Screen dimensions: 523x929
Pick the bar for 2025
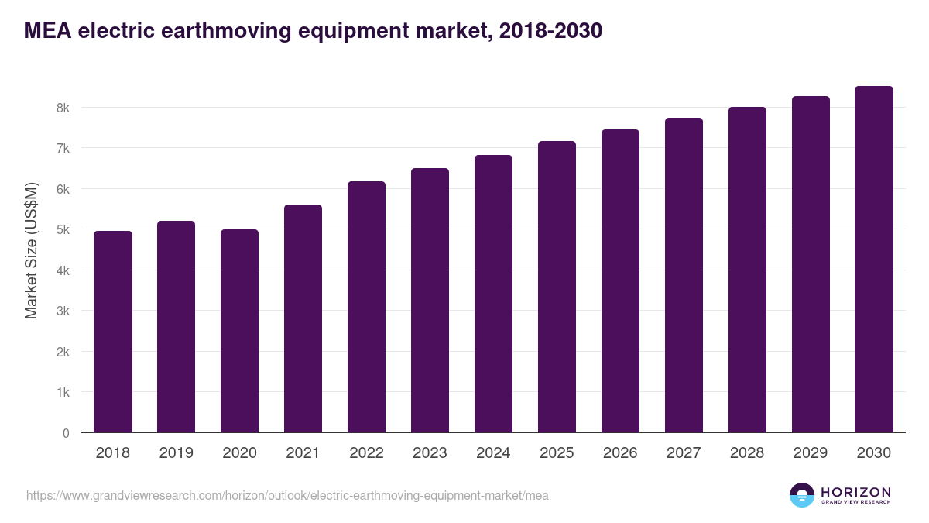[557, 287]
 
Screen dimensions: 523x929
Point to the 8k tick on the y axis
[63, 108]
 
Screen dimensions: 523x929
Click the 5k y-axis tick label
[63, 230]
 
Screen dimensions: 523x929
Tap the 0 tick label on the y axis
[66, 433]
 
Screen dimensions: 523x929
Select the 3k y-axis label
[63, 311]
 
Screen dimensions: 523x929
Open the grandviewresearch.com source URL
[287, 495]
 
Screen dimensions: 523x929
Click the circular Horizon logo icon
[802, 494]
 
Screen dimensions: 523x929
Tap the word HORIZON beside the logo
[855, 491]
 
